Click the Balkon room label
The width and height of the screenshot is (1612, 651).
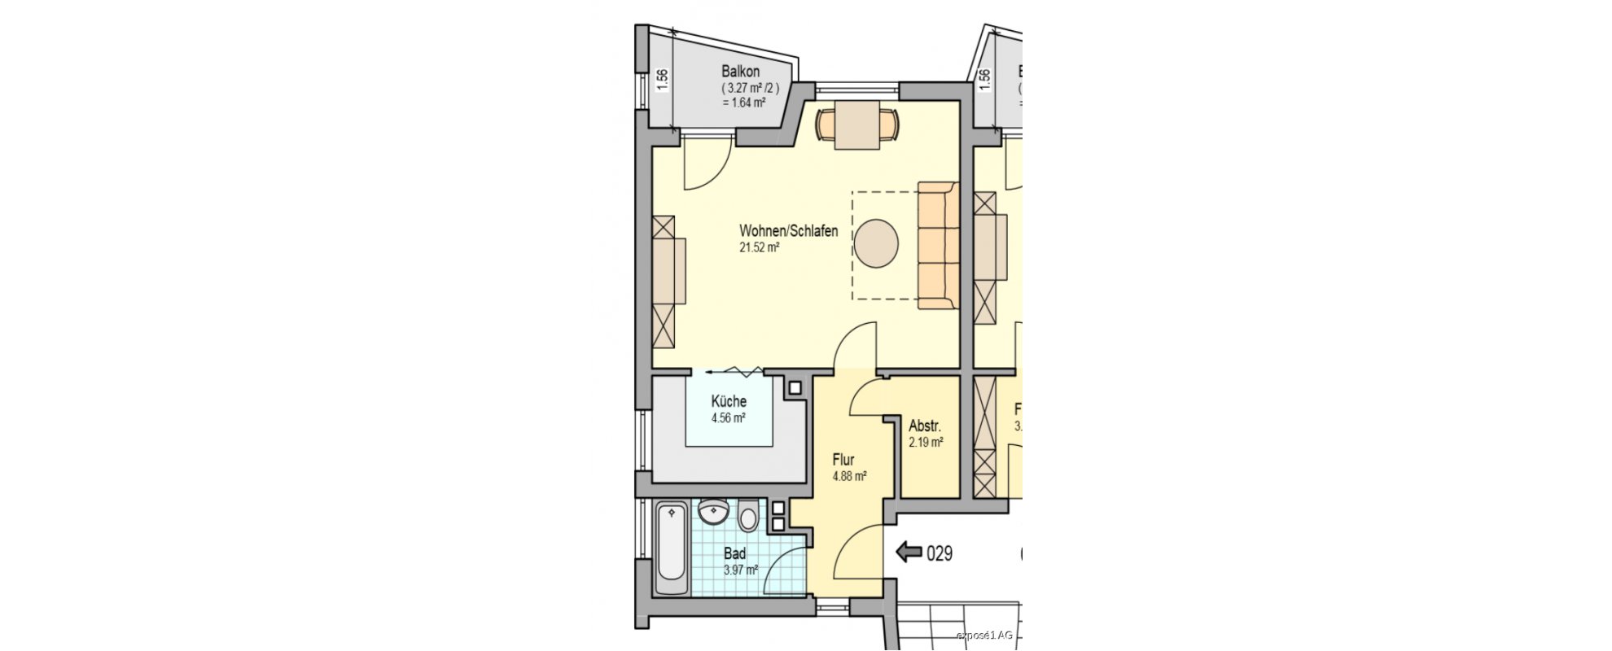740,72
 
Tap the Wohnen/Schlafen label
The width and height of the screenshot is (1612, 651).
788,231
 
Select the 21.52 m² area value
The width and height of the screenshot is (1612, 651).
759,248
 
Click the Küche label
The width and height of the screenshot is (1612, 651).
729,401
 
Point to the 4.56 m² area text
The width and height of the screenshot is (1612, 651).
729,418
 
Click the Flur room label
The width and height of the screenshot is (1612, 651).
843,460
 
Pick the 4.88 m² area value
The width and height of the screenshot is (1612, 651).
848,477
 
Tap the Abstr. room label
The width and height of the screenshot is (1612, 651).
925,426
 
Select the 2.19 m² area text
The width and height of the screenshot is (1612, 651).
926,443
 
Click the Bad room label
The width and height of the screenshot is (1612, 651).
734,553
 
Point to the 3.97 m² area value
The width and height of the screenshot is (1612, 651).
741,570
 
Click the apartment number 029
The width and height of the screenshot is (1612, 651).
940,553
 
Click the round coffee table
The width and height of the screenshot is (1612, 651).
876,243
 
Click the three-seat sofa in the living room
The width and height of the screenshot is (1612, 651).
938,246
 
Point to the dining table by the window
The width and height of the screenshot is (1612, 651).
856,125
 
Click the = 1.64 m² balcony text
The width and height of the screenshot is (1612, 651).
743,103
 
